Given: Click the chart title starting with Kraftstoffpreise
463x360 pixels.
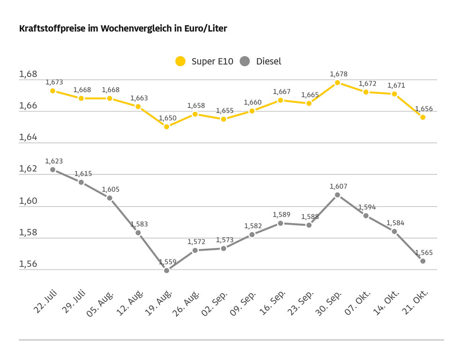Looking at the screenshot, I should click(123, 29).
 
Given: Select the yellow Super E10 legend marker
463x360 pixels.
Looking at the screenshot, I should click(180, 61).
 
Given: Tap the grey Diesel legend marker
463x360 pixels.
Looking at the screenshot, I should click(245, 61).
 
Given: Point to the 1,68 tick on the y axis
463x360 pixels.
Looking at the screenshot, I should click(28, 74).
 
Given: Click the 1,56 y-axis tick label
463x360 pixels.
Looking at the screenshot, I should click(28, 264).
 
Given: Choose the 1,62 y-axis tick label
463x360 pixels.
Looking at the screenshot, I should click(28, 169).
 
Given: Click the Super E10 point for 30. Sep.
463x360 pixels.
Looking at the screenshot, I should click(337, 82).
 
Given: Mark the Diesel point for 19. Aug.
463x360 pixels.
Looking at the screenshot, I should click(166, 270).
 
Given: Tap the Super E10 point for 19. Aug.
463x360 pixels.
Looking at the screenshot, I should click(166, 127).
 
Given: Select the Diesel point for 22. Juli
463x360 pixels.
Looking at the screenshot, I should click(53, 170).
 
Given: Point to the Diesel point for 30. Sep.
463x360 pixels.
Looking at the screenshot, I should click(337, 195).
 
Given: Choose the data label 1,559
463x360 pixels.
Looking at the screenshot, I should click(167, 262).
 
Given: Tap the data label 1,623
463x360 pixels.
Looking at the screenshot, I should click(54, 161).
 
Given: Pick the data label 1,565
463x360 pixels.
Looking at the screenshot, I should click(424, 253).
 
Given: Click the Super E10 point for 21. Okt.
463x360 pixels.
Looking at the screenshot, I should click(423, 117).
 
